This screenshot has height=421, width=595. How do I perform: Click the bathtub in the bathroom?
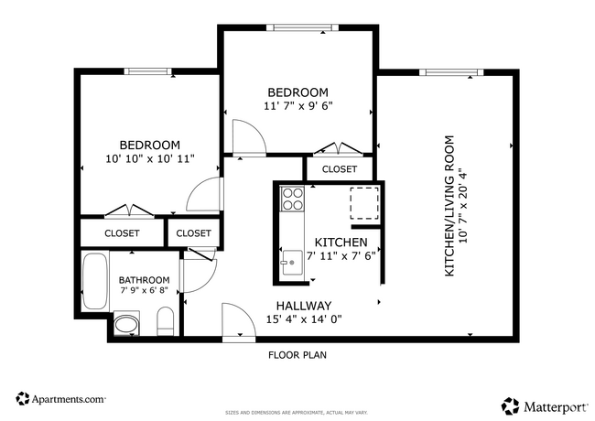[94, 282]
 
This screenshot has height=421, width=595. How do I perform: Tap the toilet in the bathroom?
[166, 322]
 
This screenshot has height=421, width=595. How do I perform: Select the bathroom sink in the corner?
[126, 325]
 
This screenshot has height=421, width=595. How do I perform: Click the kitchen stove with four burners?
[293, 200]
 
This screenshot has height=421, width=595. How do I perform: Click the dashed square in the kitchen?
[364, 203]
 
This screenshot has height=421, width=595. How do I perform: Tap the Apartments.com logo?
[60, 399]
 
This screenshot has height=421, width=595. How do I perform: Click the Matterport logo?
[544, 404]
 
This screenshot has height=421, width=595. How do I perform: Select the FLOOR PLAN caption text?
[297, 354]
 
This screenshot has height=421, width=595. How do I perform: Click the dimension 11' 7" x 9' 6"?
[297, 105]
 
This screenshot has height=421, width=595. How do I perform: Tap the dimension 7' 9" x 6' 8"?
[144, 291]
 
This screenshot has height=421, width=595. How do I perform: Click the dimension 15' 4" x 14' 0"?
[303, 319]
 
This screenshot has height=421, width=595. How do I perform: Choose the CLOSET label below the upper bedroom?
[339, 169]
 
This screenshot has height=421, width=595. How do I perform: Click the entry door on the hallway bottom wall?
[236, 326]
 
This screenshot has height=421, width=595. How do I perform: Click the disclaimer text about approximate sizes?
[297, 413]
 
